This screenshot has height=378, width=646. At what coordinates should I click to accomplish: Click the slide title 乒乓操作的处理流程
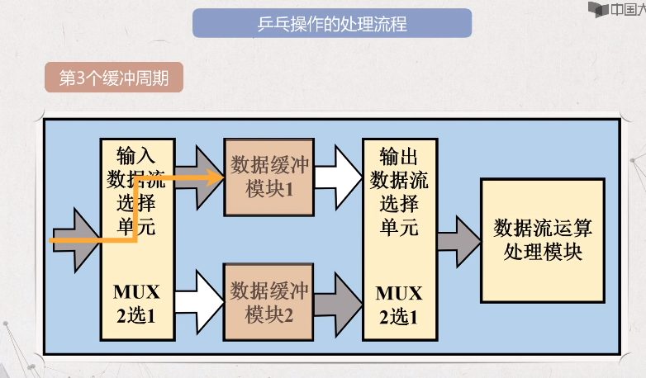[x=331, y=23]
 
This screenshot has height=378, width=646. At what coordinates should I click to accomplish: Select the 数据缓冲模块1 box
[x=269, y=177]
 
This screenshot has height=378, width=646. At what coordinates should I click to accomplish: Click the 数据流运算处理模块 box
[x=543, y=239]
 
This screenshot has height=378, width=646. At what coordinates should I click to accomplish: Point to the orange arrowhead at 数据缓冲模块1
[x=217, y=176]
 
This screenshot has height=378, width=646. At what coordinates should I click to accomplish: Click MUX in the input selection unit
[x=137, y=293]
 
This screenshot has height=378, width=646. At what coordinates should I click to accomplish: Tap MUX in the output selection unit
[x=399, y=293]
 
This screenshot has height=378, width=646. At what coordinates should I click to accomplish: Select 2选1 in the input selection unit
[x=137, y=315]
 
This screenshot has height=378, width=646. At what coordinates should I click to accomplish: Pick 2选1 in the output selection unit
[x=399, y=315]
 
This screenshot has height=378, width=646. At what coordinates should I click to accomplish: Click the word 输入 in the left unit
[x=137, y=155]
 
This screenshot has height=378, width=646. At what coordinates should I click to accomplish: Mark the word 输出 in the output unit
[x=399, y=155]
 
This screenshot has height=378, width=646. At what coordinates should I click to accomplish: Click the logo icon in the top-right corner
[x=597, y=10]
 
